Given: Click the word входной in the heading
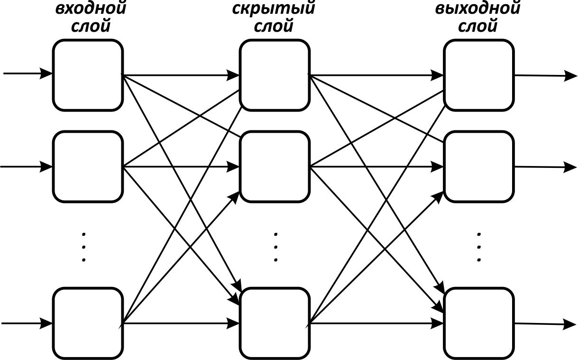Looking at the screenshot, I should pos(91,9).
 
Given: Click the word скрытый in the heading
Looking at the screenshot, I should pos(274,9).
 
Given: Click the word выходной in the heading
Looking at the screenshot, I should pos(478,9).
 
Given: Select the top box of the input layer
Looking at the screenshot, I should pos(88,75).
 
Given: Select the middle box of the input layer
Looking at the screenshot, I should pos(88,166).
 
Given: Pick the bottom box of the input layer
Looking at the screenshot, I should pos(88,323).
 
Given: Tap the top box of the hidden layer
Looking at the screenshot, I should pos(275,75).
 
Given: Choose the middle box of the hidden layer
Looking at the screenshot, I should pos(275,166).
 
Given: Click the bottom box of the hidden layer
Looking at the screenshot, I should pos(275,323).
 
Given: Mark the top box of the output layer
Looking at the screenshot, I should pos(479,75).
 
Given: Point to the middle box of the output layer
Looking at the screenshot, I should pos(479,166).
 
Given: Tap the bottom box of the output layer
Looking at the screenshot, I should pos(479,323).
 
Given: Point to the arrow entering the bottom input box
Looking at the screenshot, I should pos(27,323).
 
